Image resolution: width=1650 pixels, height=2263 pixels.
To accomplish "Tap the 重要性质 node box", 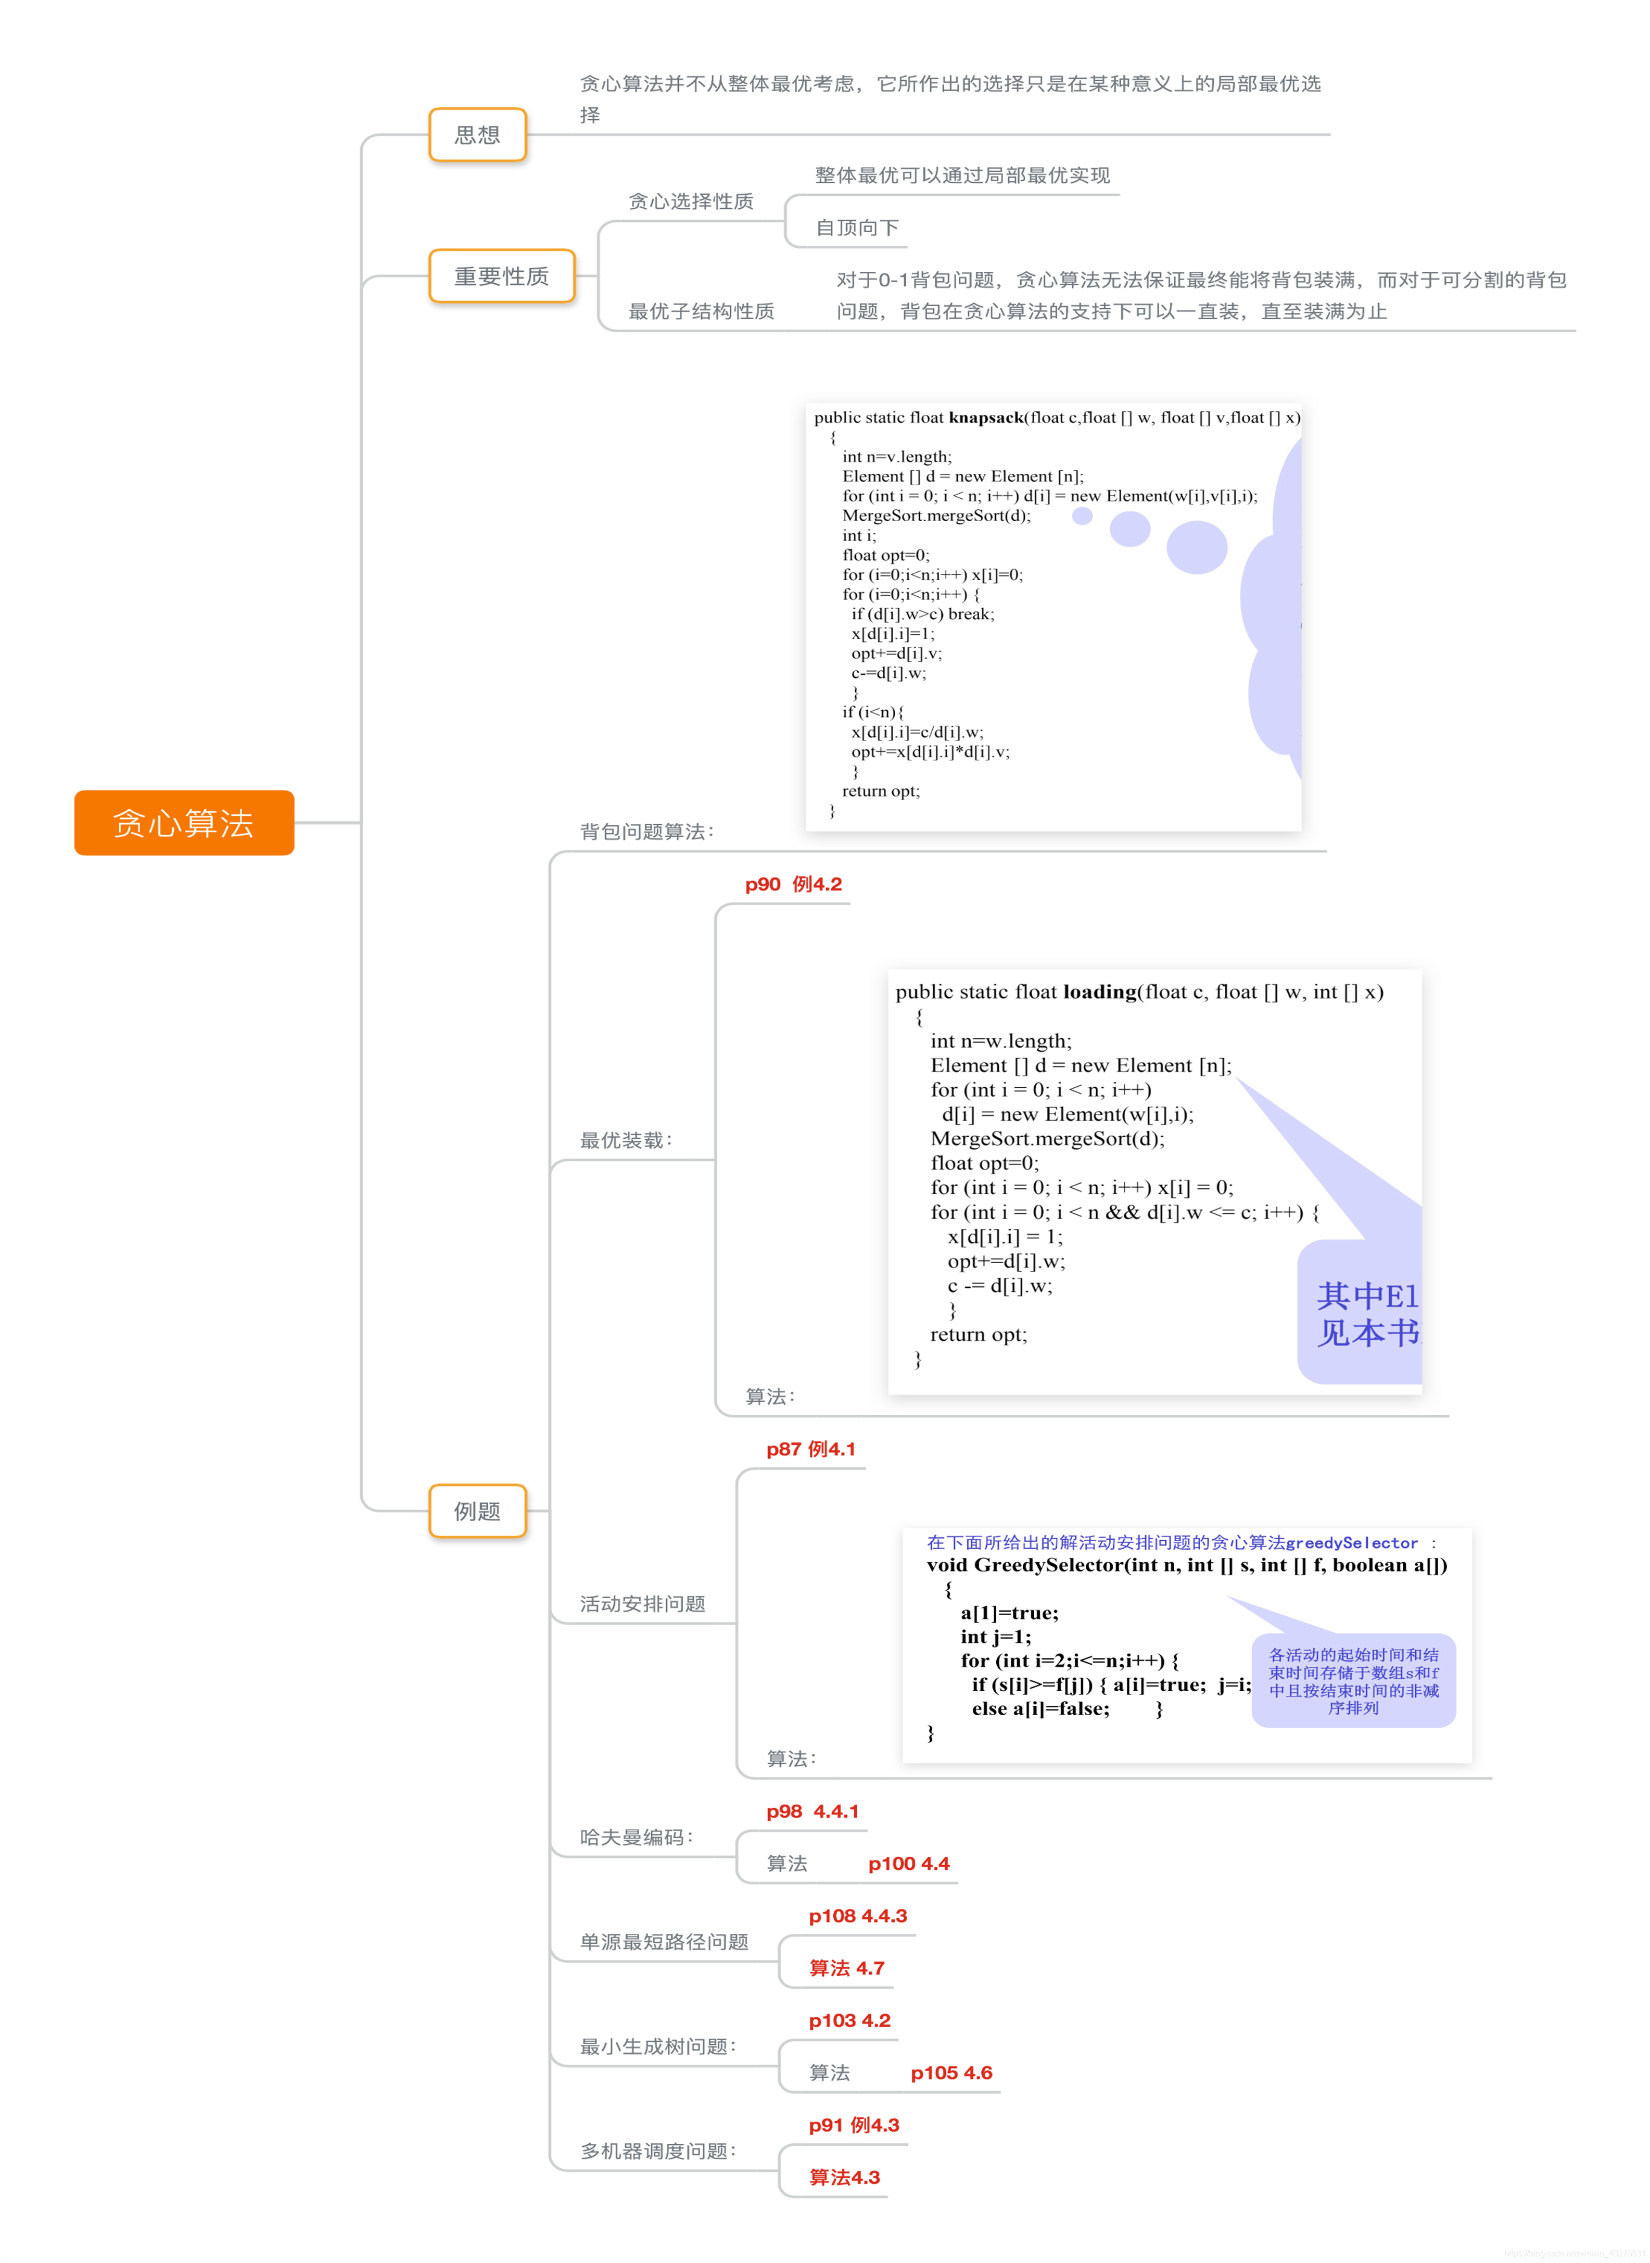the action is tap(501, 276).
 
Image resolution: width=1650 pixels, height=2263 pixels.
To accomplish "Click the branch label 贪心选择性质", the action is tap(690, 202).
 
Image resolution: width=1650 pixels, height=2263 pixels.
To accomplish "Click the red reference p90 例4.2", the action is tap(793, 884).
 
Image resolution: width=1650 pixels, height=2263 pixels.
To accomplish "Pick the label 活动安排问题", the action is tap(642, 1604).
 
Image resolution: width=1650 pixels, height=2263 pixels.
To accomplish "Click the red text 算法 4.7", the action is tap(846, 1968).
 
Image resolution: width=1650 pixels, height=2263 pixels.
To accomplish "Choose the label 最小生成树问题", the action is tap(657, 2046).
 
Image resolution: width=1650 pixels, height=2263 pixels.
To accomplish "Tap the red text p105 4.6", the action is tap(951, 2073).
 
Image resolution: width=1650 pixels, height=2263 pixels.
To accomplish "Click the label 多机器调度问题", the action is tap(657, 2151).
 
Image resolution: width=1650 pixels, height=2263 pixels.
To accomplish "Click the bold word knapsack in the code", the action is tap(985, 418).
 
